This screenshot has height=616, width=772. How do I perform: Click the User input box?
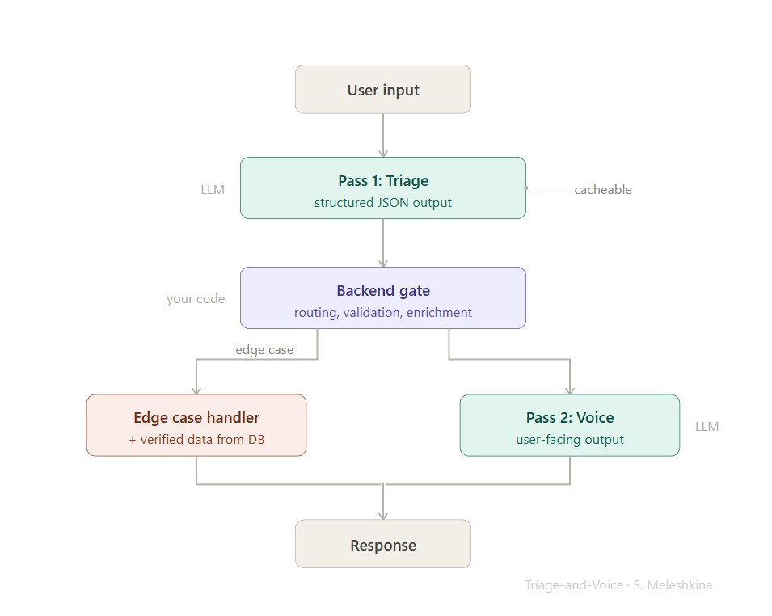(382, 90)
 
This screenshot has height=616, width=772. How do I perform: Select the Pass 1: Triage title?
(382, 181)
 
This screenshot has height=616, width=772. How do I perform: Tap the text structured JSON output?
(382, 203)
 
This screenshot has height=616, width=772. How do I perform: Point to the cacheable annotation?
(602, 190)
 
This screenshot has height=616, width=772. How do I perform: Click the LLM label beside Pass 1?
(213, 190)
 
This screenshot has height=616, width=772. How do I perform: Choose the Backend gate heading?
(382, 291)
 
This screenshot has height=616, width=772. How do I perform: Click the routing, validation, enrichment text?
(382, 313)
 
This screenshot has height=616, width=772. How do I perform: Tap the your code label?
(196, 299)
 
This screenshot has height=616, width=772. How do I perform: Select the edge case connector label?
(264, 350)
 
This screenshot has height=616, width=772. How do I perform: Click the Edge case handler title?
(196, 418)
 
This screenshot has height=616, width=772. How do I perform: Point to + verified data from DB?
(196, 440)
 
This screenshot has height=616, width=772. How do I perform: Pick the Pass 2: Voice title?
(569, 418)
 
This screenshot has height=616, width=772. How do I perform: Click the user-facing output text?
(569, 440)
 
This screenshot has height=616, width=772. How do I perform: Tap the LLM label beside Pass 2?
(707, 426)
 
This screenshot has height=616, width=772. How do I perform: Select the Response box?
(382, 545)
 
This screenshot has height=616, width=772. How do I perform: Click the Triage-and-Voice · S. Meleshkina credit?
(618, 585)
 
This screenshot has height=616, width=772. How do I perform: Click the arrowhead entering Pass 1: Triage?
(382, 153)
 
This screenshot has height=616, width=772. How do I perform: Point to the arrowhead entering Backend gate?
(382, 263)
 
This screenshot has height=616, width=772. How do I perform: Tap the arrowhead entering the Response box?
(382, 515)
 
